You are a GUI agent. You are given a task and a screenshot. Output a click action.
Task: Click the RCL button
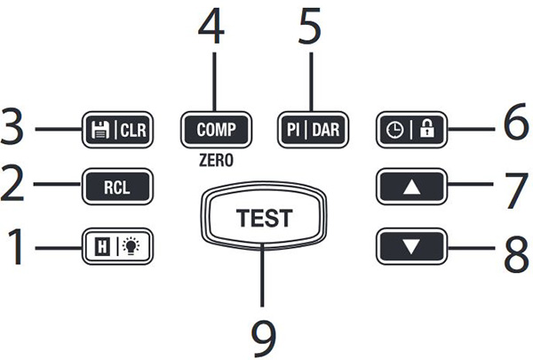117,188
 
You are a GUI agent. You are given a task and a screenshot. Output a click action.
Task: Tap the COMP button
215,127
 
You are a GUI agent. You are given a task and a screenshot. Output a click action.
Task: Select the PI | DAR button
312,127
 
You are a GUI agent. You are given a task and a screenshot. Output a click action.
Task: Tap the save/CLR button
117,129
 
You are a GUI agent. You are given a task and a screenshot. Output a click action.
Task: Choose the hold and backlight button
117,243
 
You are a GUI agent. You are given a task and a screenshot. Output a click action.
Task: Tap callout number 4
213,33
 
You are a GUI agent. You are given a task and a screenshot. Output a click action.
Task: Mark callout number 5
310,33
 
